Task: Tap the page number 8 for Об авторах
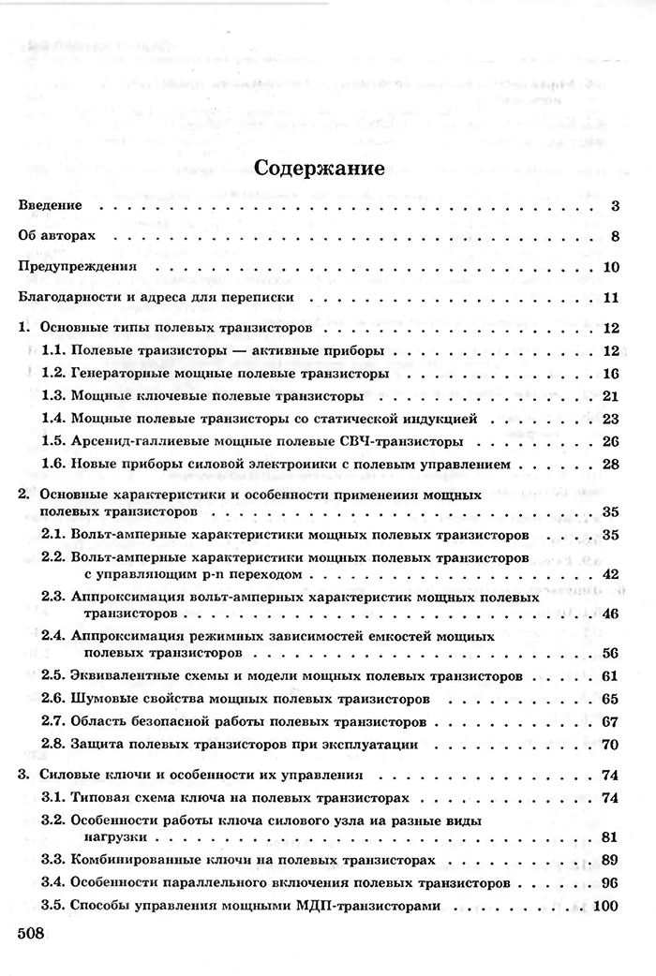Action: [610, 235]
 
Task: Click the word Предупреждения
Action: [78, 267]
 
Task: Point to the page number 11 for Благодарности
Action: [607, 299]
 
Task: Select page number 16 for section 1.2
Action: [607, 373]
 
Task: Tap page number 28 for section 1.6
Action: [607, 464]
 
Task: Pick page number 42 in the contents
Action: [607, 573]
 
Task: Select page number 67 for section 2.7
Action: [607, 722]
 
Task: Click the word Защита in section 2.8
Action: [97, 745]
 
